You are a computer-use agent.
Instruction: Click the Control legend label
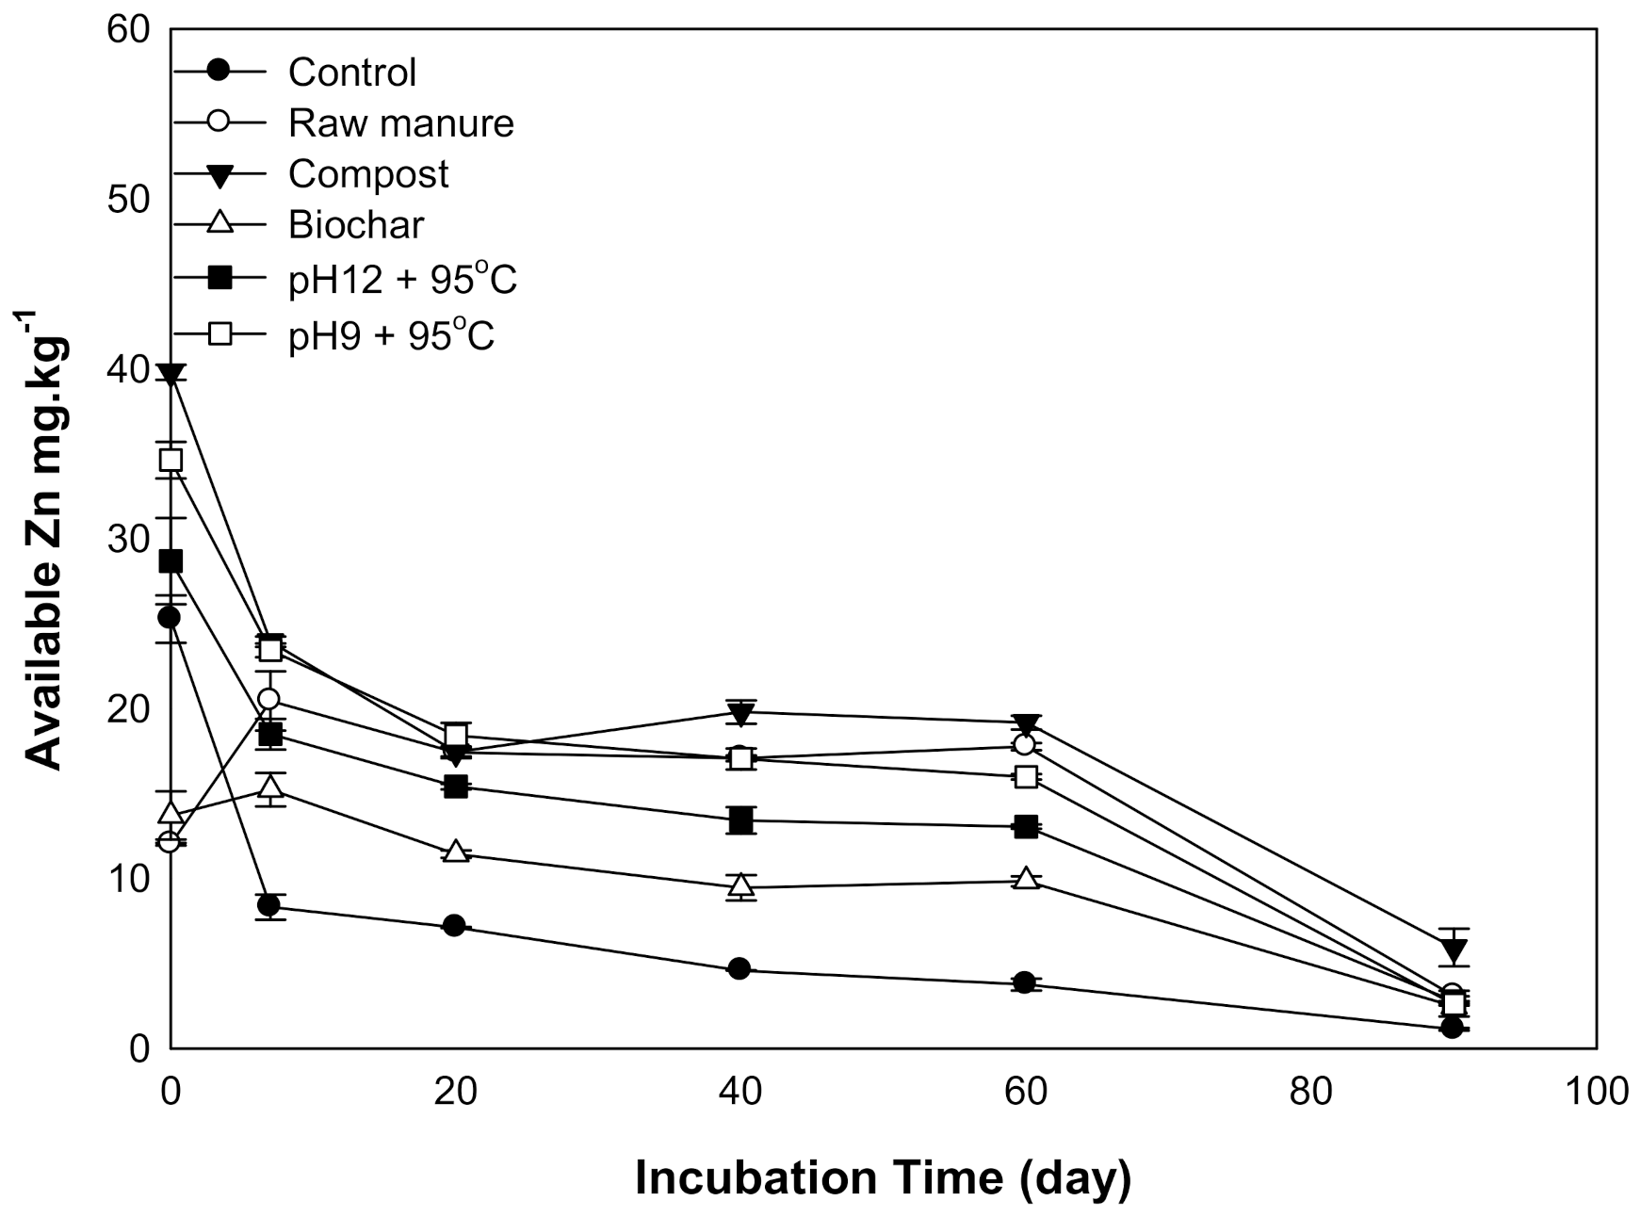(352, 73)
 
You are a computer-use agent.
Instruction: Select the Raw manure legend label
(401, 123)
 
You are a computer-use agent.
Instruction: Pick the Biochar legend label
(356, 225)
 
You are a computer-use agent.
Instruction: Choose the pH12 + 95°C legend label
(403, 279)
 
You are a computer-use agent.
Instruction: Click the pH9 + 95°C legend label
(392, 334)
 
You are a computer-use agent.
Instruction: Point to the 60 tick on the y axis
(129, 30)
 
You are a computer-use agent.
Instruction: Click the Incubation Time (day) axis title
(883, 1178)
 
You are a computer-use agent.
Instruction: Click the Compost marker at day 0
(171, 376)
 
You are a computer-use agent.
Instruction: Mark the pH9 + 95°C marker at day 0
(171, 461)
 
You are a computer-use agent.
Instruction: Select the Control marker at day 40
(739, 968)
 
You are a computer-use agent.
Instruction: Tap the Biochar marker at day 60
(1026, 879)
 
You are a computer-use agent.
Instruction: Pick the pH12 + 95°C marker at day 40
(741, 819)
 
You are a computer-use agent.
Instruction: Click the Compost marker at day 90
(1454, 951)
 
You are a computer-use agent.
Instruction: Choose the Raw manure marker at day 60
(1025, 745)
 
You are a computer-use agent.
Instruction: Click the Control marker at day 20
(454, 925)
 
